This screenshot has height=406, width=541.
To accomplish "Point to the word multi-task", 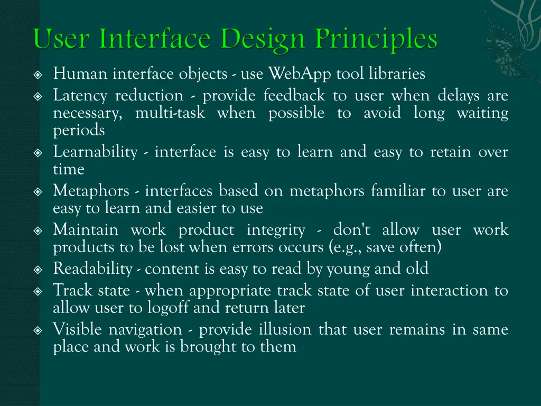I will tap(170, 113).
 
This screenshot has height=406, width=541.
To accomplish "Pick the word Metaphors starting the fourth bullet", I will tap(91, 191).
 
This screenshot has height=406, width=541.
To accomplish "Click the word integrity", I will tap(275, 230).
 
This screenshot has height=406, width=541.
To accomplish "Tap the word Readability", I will tap(92, 269).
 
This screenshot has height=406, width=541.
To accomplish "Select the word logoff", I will tap(169, 308).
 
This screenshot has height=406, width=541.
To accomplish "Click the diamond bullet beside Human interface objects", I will tap(38, 75).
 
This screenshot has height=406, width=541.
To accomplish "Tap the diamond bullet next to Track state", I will tap(38, 291).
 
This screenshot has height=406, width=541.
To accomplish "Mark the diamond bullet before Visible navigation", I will tap(38, 330).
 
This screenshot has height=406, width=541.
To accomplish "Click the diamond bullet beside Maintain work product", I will tap(38, 230).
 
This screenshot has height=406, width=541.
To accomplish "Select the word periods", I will tap(79, 131).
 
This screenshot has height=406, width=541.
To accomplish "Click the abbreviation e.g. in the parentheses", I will tap(353, 247).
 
